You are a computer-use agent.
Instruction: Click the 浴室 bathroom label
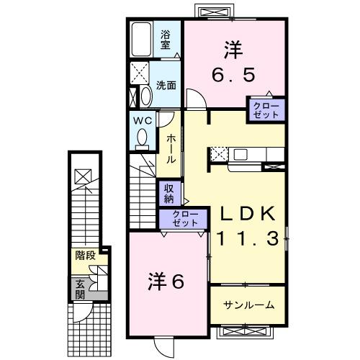click(165, 38)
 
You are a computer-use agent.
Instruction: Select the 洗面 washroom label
click(166, 85)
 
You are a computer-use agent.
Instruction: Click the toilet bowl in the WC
click(142, 136)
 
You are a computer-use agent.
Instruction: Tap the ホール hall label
click(171, 147)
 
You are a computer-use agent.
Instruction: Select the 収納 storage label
click(168, 193)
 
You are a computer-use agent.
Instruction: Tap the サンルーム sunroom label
click(248, 305)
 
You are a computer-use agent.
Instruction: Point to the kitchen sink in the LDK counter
click(240, 154)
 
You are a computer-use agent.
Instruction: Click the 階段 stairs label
click(84, 255)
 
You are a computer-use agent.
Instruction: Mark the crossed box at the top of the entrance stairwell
click(84, 176)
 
